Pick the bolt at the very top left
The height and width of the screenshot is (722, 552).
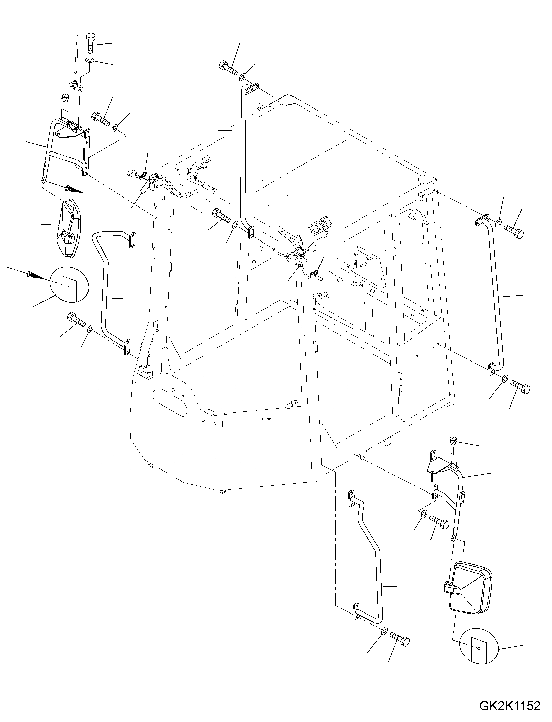pyautogui.click(x=91, y=43)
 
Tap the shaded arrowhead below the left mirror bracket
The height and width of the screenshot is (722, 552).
pyautogui.click(x=72, y=189)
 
